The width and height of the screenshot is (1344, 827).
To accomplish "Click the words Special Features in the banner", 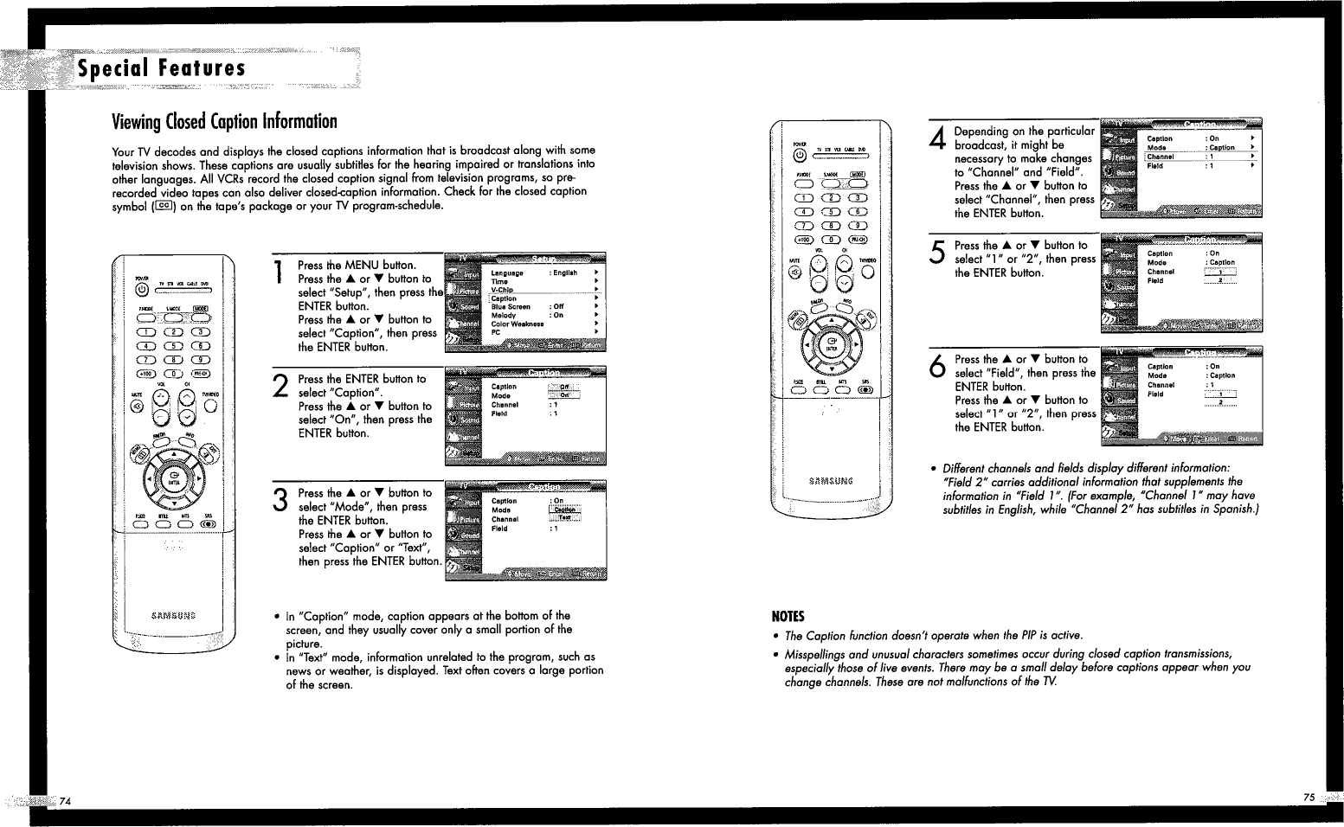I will click(x=162, y=68).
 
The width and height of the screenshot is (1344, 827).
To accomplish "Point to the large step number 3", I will click(x=280, y=501).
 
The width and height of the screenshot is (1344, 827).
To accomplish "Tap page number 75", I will click(x=1308, y=797).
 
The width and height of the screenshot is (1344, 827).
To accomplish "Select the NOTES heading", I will click(x=788, y=617).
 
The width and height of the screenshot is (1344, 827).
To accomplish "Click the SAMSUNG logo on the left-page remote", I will click(x=173, y=615).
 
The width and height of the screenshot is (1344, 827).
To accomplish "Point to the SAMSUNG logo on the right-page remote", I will click(x=831, y=480).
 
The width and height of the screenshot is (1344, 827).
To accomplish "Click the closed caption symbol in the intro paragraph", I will click(x=164, y=206).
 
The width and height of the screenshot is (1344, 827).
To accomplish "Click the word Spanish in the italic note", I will click(x=1233, y=510).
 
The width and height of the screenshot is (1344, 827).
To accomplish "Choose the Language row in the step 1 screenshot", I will click(x=507, y=272).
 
